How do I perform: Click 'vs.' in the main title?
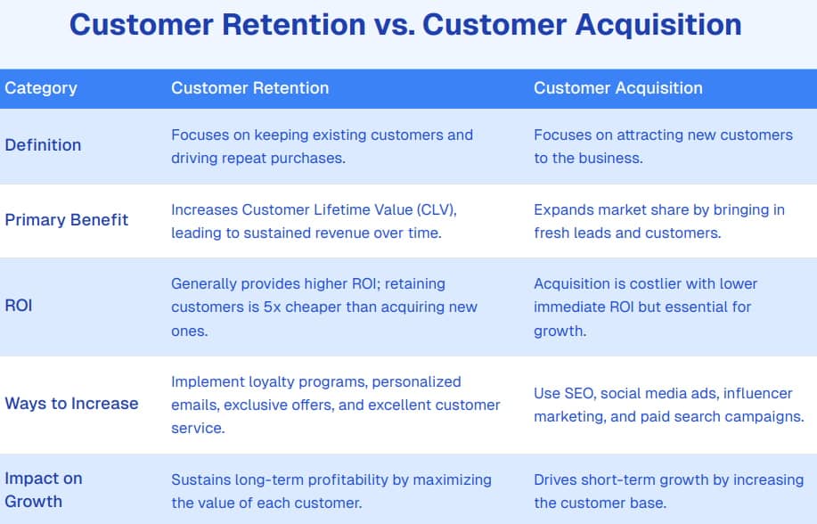[393, 24]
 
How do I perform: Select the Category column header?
[41, 88]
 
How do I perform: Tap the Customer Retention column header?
[249, 88]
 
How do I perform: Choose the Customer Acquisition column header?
[617, 88]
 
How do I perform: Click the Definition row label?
[43, 145]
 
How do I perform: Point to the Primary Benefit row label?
[67, 219]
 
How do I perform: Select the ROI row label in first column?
[19, 307]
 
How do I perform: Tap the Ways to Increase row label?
[71, 403]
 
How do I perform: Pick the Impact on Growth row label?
[43, 489]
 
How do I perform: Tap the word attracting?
[637, 135]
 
